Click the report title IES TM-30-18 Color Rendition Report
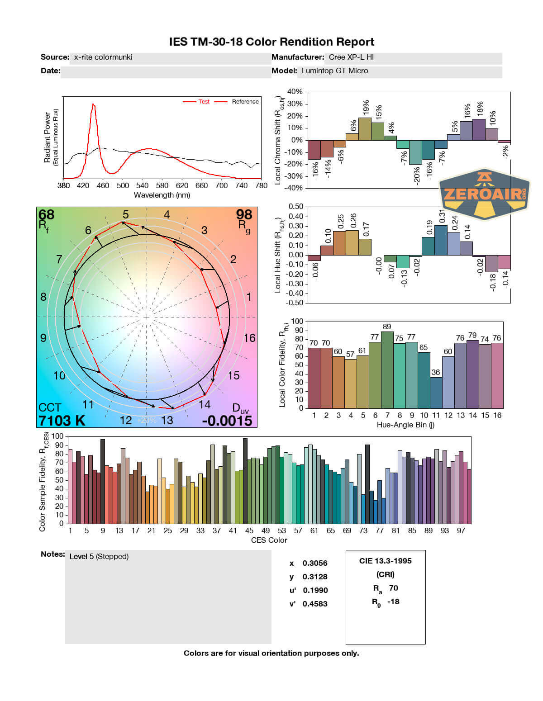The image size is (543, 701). (271, 42)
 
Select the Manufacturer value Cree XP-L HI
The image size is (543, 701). (351, 57)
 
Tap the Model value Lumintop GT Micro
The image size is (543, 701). (335, 71)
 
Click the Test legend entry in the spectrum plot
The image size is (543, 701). (204, 102)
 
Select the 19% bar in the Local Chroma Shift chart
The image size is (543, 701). (365, 129)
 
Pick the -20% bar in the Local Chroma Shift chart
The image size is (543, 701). (415, 152)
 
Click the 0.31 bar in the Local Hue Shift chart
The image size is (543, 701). (441, 240)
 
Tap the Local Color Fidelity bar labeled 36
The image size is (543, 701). (436, 393)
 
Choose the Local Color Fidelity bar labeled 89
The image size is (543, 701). (387, 370)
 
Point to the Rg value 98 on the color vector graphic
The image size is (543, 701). (244, 214)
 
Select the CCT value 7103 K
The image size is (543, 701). (62, 421)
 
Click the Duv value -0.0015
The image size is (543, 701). (227, 421)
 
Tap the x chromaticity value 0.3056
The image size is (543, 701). (315, 563)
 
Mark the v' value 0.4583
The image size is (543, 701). (315, 604)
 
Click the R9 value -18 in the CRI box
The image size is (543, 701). (393, 602)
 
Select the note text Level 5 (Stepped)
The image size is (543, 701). (99, 556)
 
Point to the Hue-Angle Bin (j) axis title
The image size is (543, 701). (405, 425)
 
